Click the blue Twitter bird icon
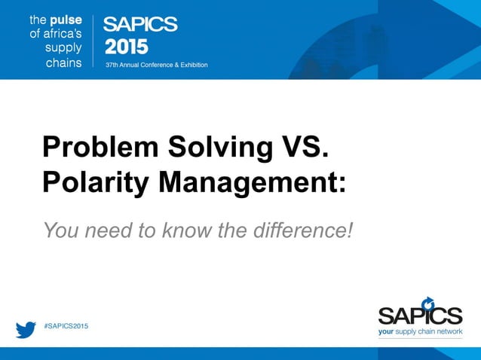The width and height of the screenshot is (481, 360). click(x=26, y=329)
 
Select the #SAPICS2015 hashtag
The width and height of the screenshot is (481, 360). click(x=66, y=325)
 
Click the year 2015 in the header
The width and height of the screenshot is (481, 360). click(x=126, y=47)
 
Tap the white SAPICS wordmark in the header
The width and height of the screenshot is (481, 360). click(x=140, y=24)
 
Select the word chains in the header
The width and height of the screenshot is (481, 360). click(x=63, y=63)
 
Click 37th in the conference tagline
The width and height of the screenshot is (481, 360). click(x=112, y=65)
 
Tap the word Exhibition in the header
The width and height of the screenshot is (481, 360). click(x=191, y=65)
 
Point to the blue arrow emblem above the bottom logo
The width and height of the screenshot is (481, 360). click(x=428, y=303)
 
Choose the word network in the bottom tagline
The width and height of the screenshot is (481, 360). click(x=449, y=331)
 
